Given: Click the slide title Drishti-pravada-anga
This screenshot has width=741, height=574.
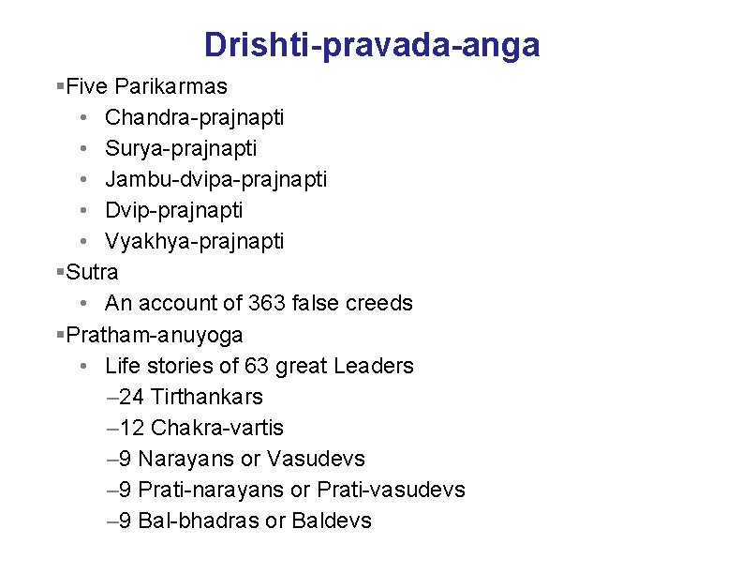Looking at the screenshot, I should (x=372, y=44).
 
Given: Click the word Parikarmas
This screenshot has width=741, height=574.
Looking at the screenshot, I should (x=170, y=87).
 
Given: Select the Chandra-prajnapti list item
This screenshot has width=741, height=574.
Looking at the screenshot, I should (x=194, y=118).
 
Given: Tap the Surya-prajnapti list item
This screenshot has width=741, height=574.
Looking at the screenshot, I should (x=181, y=149).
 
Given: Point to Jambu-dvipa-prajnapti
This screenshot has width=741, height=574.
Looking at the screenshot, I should (x=215, y=179).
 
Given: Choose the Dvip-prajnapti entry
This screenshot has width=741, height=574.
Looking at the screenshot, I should (x=173, y=210).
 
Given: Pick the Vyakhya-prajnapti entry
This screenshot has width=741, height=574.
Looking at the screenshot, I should (x=194, y=241).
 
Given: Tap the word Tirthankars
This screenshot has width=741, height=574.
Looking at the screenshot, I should (x=206, y=397).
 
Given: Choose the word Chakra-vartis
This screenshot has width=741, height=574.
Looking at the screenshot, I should (x=216, y=428).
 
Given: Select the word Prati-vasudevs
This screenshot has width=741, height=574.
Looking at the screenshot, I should (x=391, y=490).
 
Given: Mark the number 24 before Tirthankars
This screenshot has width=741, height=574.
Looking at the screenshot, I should (x=132, y=397).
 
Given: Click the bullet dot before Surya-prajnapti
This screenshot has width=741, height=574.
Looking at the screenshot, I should (x=84, y=149).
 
